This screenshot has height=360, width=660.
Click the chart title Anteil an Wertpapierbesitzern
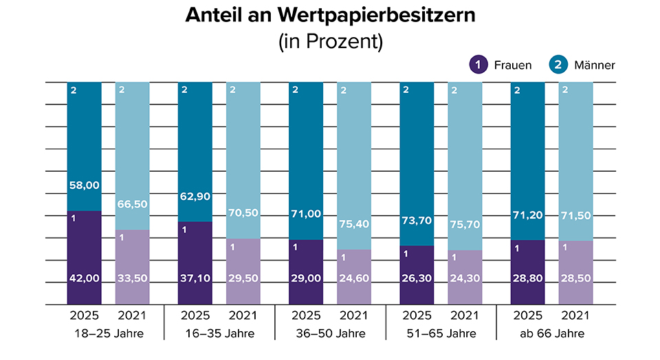coord(330,16)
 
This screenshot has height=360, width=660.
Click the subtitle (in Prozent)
coord(330,41)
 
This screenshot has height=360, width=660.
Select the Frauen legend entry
coord(501,65)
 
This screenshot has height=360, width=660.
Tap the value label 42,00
coord(84,278)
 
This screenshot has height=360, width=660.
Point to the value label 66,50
coord(133,203)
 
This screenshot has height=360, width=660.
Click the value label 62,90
coord(195,196)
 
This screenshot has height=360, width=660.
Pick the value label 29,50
coord(243,278)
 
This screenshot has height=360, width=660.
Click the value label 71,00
coord(306,214)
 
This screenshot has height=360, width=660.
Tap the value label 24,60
coord(354,278)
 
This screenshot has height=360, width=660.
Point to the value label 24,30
coord(465,278)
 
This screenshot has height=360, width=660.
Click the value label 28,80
coord(527,278)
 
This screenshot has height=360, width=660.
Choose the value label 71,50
coord(576,215)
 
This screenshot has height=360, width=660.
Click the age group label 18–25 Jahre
coord(108,334)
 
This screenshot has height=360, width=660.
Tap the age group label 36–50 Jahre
coord(330,334)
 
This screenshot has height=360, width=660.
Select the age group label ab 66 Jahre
coord(551,334)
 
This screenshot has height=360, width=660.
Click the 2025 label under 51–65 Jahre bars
coord(417,317)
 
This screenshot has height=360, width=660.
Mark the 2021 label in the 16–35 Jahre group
coord(243,317)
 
